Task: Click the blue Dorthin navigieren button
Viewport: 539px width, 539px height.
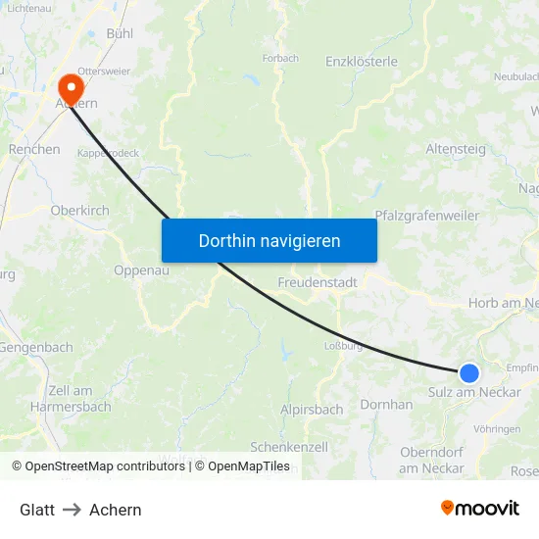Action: pos(269,240)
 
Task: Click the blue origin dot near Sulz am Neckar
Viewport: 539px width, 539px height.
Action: pos(469,372)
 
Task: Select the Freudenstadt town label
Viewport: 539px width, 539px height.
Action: pos(318,282)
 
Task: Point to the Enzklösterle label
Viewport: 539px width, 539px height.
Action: pos(362,61)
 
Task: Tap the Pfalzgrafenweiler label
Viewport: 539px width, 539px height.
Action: pos(427,216)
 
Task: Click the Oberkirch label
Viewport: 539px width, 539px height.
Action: pos(79,210)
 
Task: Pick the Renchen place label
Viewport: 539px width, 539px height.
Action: pos(34,150)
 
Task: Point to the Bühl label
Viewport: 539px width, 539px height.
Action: pos(121,32)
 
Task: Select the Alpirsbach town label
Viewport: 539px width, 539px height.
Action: pos(312,410)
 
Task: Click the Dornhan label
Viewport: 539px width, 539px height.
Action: pos(386,404)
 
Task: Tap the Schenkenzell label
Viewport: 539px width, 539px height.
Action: pos(289,446)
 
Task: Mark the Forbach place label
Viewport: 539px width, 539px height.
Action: pos(280,58)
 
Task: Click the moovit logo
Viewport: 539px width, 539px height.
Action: pos(480,509)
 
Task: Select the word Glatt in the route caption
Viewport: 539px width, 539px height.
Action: pos(37,510)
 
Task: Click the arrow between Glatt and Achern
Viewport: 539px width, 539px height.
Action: pos(72,510)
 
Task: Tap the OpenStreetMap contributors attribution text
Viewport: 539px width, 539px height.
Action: pos(105,466)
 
